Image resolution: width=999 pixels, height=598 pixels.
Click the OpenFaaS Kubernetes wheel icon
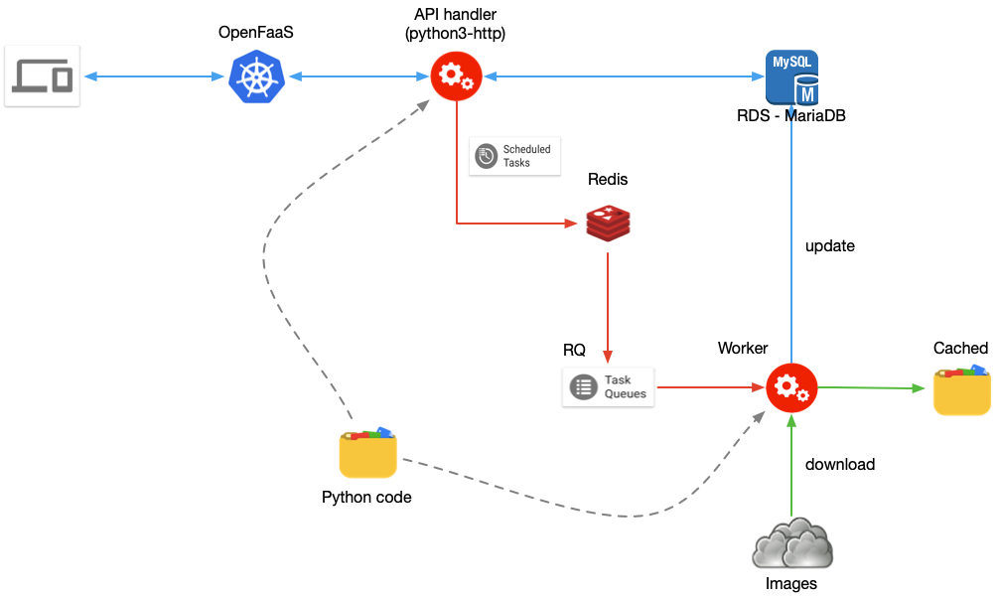pyautogui.click(x=256, y=77)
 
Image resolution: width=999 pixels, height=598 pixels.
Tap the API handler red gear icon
pyautogui.click(x=456, y=75)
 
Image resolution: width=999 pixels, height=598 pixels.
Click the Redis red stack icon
pyautogui.click(x=608, y=223)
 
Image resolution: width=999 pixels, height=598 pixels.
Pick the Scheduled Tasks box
pyautogui.click(x=514, y=156)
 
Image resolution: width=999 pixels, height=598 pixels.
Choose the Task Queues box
pyautogui.click(x=609, y=386)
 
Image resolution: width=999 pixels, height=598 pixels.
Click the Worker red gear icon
pyautogui.click(x=791, y=386)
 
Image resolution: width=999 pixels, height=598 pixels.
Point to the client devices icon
pyautogui.click(x=42, y=76)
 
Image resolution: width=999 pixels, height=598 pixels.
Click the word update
pyautogui.click(x=830, y=245)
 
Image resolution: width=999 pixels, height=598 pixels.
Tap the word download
pyautogui.click(x=840, y=464)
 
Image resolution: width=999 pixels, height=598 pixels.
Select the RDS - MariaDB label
pyautogui.click(x=791, y=116)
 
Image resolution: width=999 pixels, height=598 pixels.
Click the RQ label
pyautogui.click(x=574, y=350)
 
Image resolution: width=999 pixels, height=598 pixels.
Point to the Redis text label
pyautogui.click(x=608, y=180)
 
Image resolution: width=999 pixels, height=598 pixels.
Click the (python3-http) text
pyautogui.click(x=455, y=35)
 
